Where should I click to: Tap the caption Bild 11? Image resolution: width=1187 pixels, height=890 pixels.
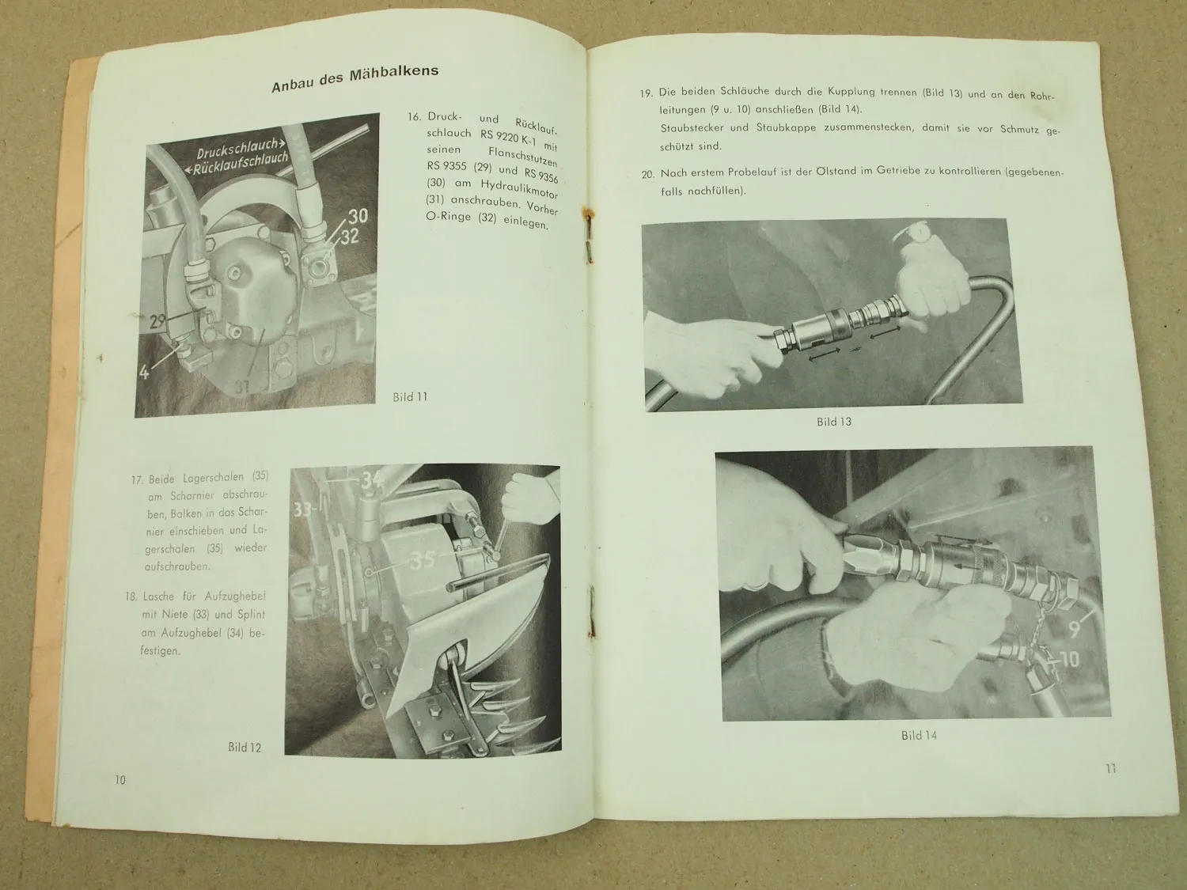pyautogui.click(x=410, y=396)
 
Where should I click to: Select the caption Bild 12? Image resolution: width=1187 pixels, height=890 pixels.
pyautogui.click(x=245, y=748)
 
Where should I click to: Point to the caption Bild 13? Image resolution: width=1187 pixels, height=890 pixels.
pyautogui.click(x=834, y=422)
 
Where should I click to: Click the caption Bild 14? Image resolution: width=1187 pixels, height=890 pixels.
pyautogui.click(x=919, y=736)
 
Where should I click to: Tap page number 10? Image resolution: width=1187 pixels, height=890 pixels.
pyautogui.click(x=120, y=780)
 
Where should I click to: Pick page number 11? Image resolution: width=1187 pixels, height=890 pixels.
pyautogui.click(x=1111, y=768)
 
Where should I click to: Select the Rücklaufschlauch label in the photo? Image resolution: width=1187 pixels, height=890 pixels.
pyautogui.click(x=237, y=163)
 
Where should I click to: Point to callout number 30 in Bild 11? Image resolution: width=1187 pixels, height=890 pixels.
pyautogui.click(x=358, y=216)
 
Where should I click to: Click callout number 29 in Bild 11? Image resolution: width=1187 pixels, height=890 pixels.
pyautogui.click(x=157, y=322)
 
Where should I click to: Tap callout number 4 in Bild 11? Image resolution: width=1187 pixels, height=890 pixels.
pyautogui.click(x=144, y=373)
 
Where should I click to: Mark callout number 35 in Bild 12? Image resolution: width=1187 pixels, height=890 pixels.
pyautogui.click(x=423, y=560)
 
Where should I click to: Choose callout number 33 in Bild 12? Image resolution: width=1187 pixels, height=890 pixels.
pyautogui.click(x=303, y=509)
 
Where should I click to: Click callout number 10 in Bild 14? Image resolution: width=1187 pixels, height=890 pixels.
pyautogui.click(x=1070, y=660)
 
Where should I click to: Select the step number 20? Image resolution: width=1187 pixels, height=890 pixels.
pyautogui.click(x=648, y=175)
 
